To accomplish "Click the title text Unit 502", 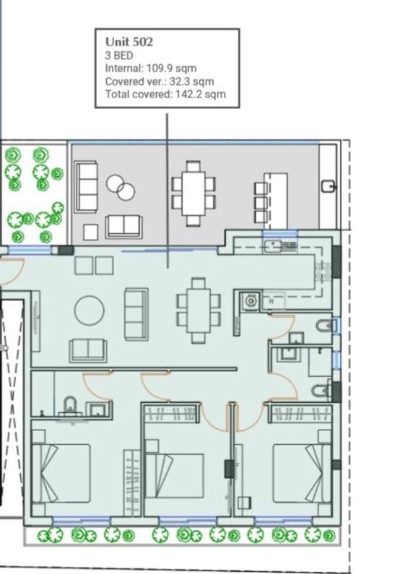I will point(129,43).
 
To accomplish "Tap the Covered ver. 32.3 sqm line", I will point(159,82).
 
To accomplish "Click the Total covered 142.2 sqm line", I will point(165,94).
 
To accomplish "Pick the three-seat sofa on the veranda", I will point(87,186).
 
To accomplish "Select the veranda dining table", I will point(194,192).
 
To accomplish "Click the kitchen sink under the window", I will point(279,246).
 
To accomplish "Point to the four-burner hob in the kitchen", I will point(323,271).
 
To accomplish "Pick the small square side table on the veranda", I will point(90,232).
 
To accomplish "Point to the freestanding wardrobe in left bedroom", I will point(131,481).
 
